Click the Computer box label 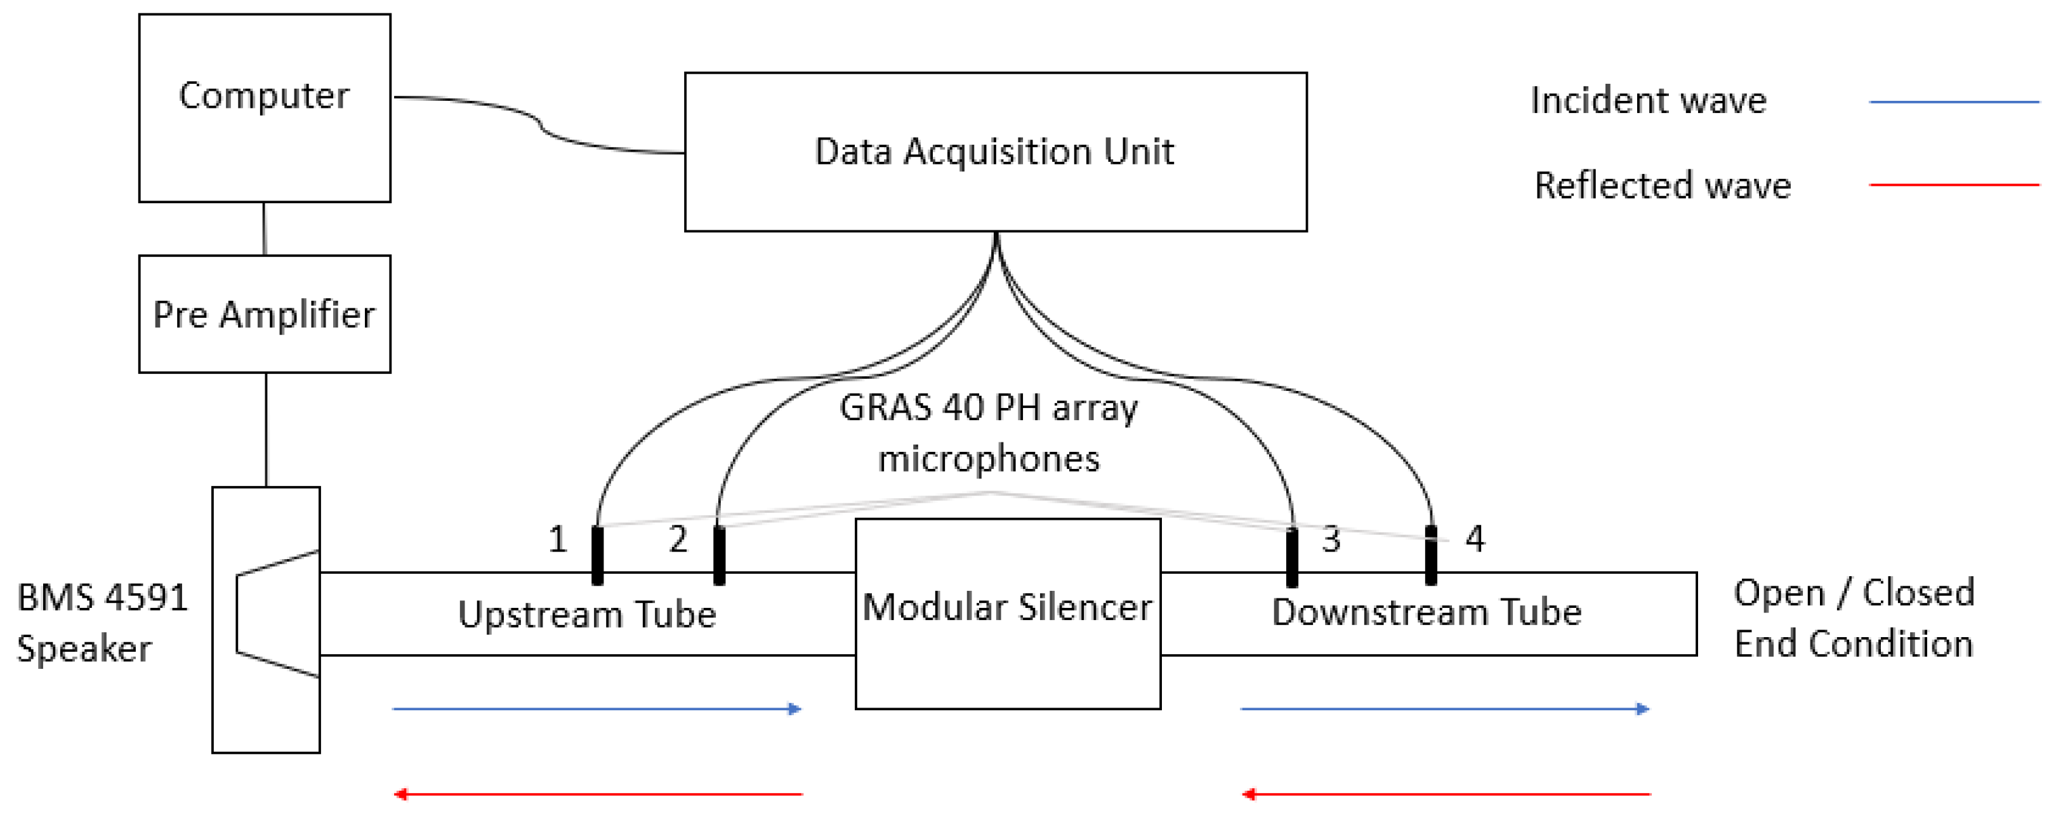[x=263, y=96]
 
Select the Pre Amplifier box [x=264, y=313]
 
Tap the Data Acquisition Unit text [x=994, y=152]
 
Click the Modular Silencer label [x=1007, y=607]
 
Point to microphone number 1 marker [x=597, y=555]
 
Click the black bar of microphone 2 [x=719, y=555]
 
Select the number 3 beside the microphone [x=1331, y=539]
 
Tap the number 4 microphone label [x=1475, y=539]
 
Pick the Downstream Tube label [x=1427, y=612]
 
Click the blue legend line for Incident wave [x=1953, y=102]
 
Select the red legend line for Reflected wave [x=1953, y=184]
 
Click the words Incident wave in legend [x=1648, y=100]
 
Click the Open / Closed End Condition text [x=1854, y=617]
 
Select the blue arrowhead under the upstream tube [x=794, y=709]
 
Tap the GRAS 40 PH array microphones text [x=988, y=433]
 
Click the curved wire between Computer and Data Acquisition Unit [x=541, y=124]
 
